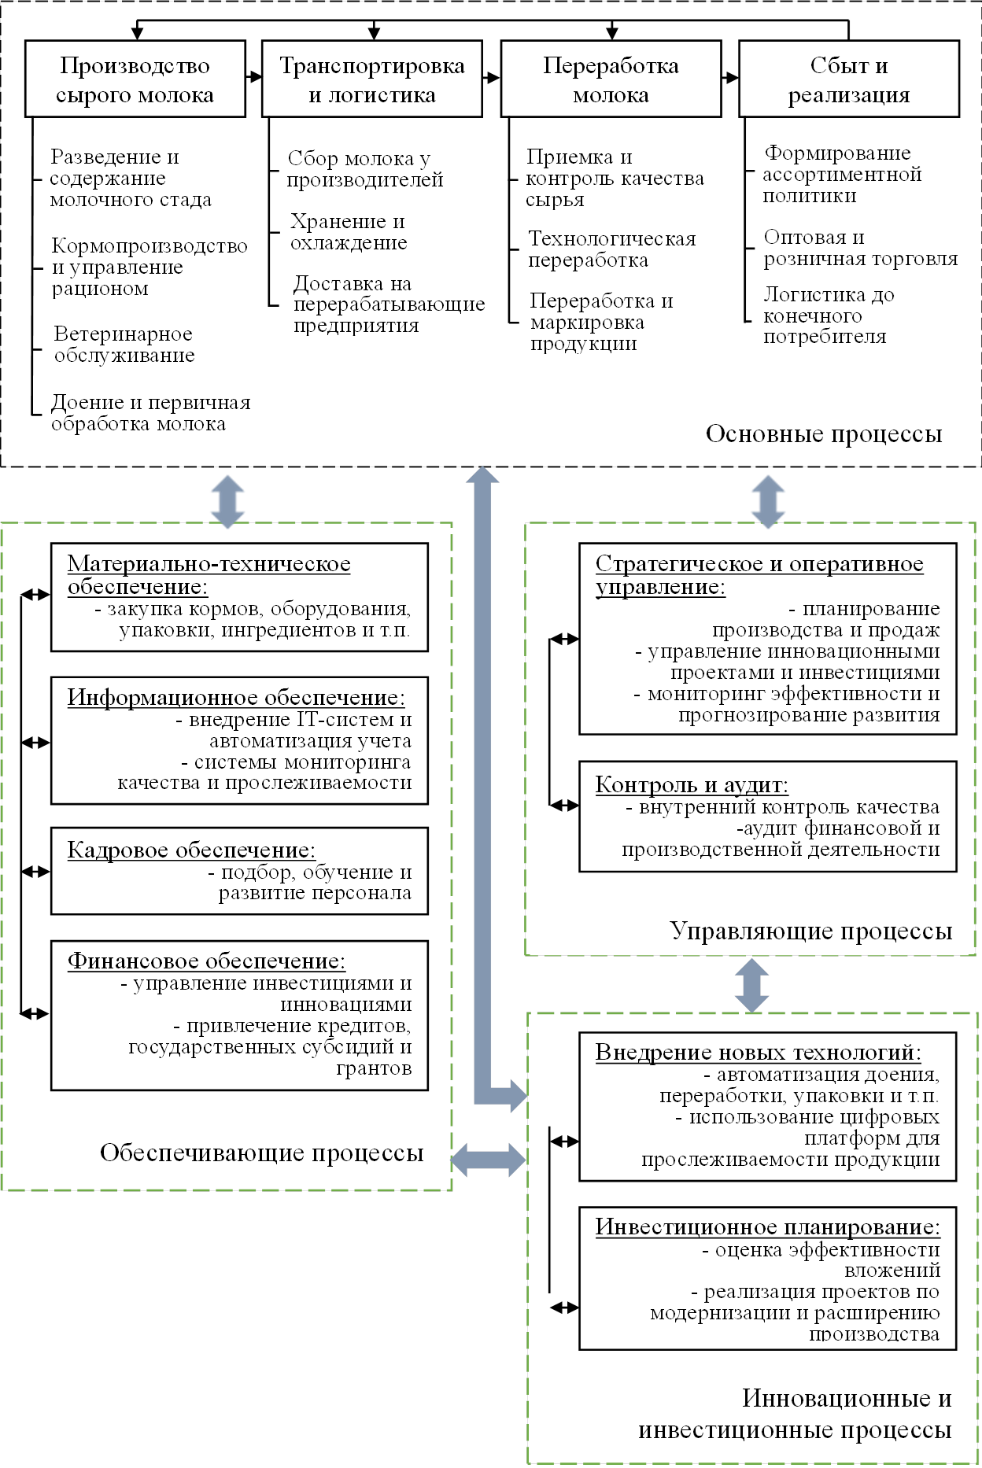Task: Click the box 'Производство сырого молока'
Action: pyautogui.click(x=135, y=79)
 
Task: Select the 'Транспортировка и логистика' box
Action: pyautogui.click(x=371, y=79)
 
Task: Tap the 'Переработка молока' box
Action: pyautogui.click(x=611, y=79)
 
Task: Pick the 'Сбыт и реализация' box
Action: pyautogui.click(x=849, y=79)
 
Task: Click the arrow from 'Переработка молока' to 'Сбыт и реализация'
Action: pyautogui.click(x=729, y=78)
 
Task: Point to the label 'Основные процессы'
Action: pyautogui.click(x=823, y=434)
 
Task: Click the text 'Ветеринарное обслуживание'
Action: pyautogui.click(x=124, y=345)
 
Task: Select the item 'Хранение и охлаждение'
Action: pyautogui.click(x=348, y=232)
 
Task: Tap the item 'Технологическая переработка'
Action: pyautogui.click(x=611, y=249)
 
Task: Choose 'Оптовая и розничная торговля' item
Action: pyautogui.click(x=860, y=248)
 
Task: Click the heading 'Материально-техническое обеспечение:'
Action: pyautogui.click(x=209, y=575)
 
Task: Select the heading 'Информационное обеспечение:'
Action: pyautogui.click(x=236, y=698)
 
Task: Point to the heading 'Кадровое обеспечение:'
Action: pyautogui.click(x=191, y=850)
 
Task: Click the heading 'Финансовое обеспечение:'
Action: pyautogui.click(x=206, y=961)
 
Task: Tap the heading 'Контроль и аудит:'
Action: pyautogui.click(x=692, y=784)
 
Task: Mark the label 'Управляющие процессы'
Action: pyautogui.click(x=810, y=931)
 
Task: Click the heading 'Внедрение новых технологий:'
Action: pyautogui.click(x=758, y=1053)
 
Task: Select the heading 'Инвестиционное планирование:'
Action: pyautogui.click(x=767, y=1227)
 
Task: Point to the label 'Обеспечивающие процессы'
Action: pyautogui.click(x=261, y=1153)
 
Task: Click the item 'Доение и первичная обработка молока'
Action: pyautogui.click(x=150, y=413)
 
